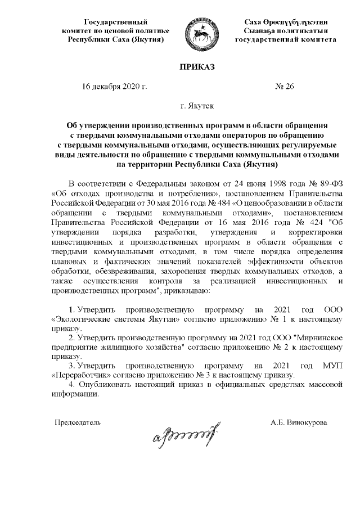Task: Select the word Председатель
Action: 77,421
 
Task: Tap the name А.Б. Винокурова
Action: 298,421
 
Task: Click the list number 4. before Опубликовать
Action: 71,384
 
